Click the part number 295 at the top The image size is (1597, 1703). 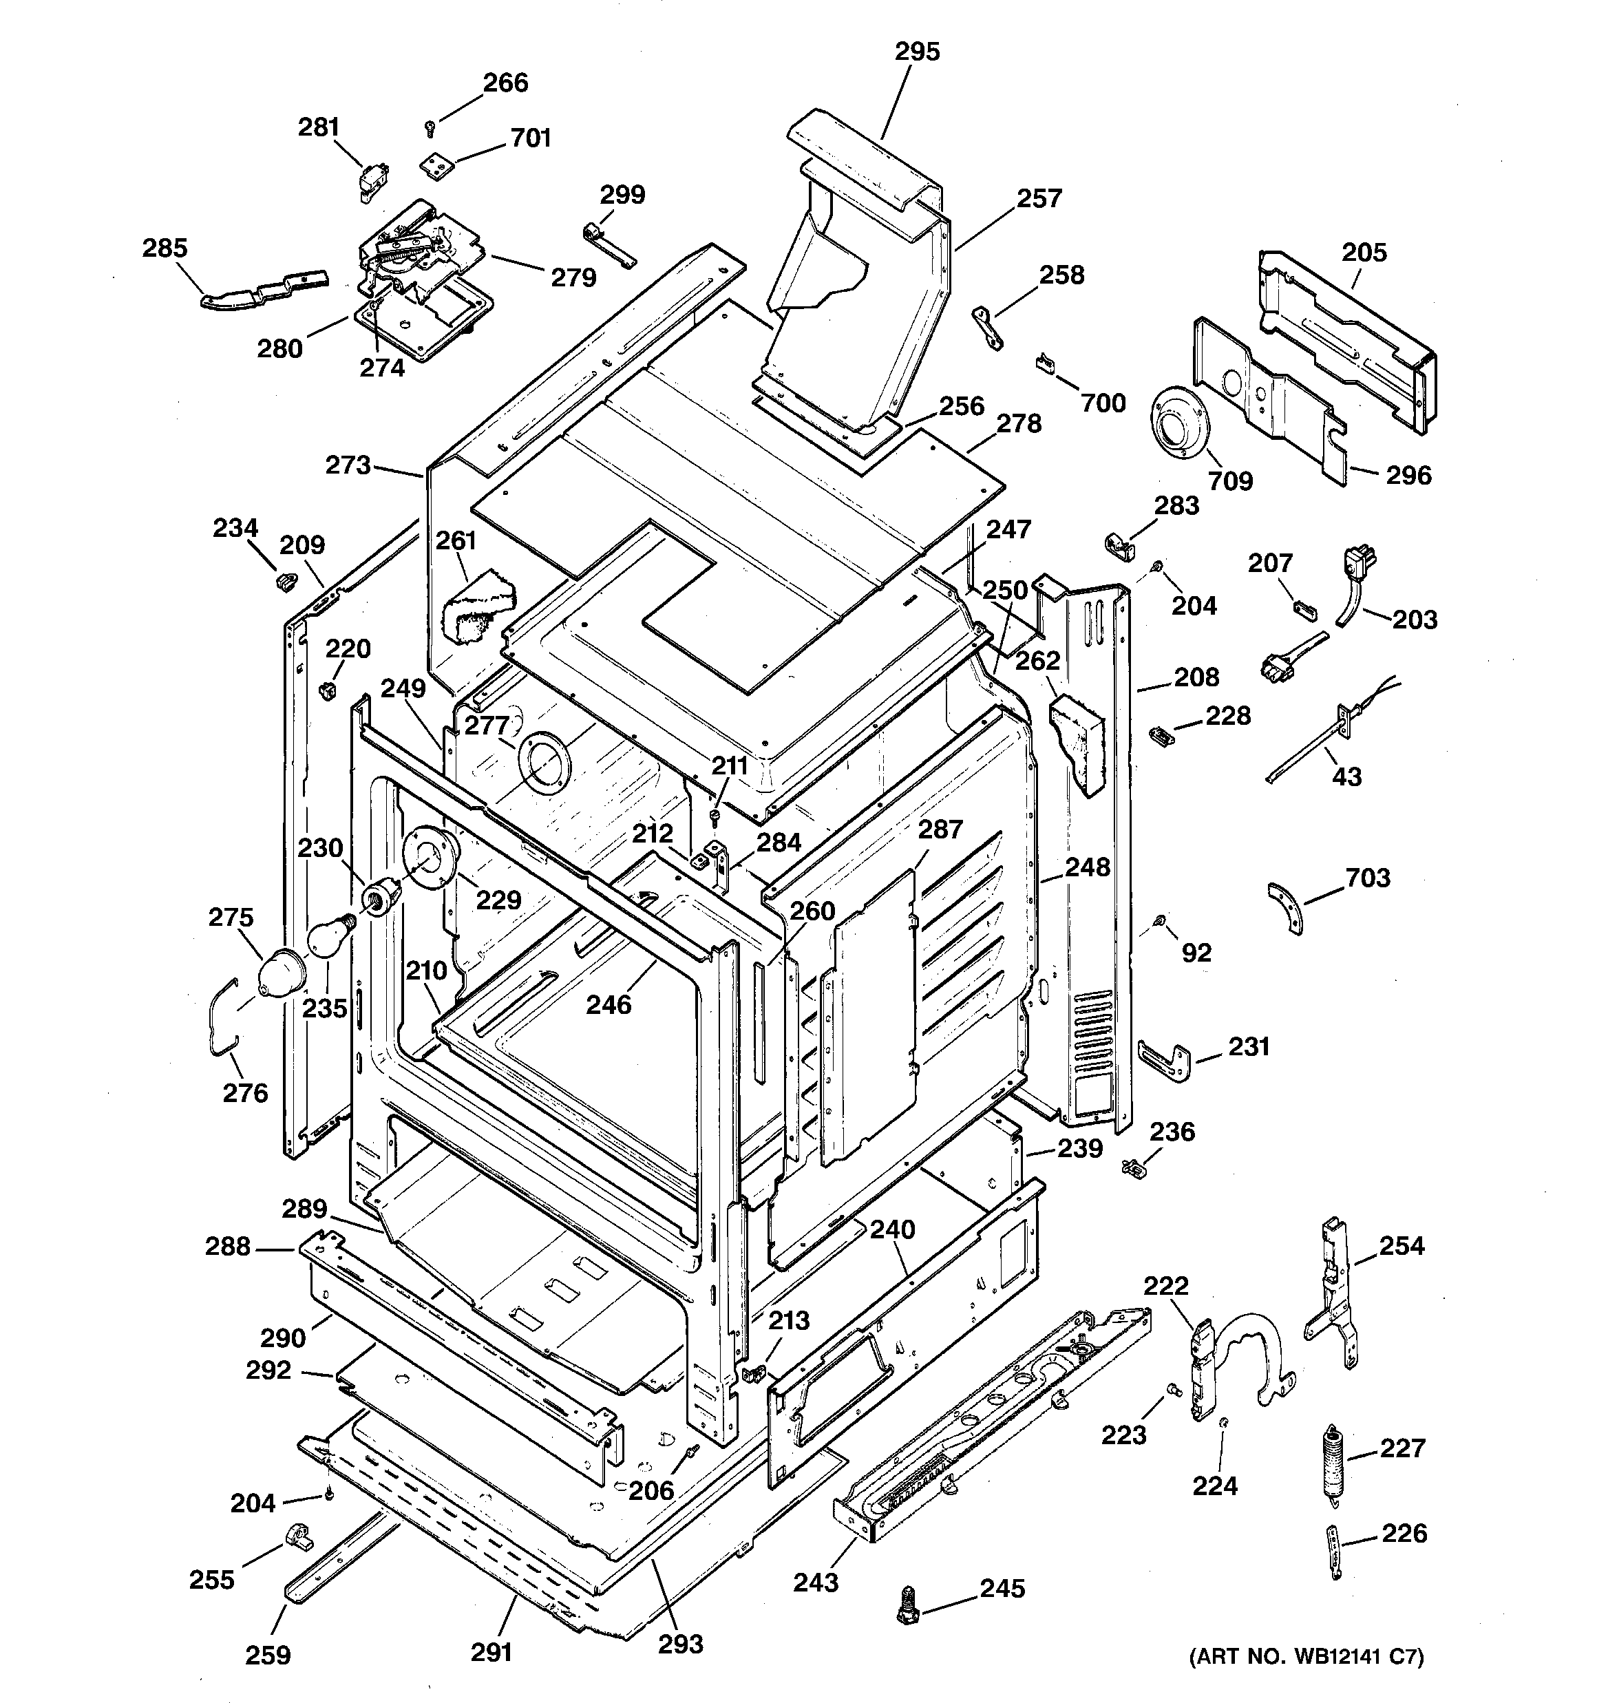point(917,52)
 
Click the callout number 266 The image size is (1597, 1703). point(505,83)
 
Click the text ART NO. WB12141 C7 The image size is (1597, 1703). point(1306,1657)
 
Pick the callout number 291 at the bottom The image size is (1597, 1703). point(491,1651)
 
